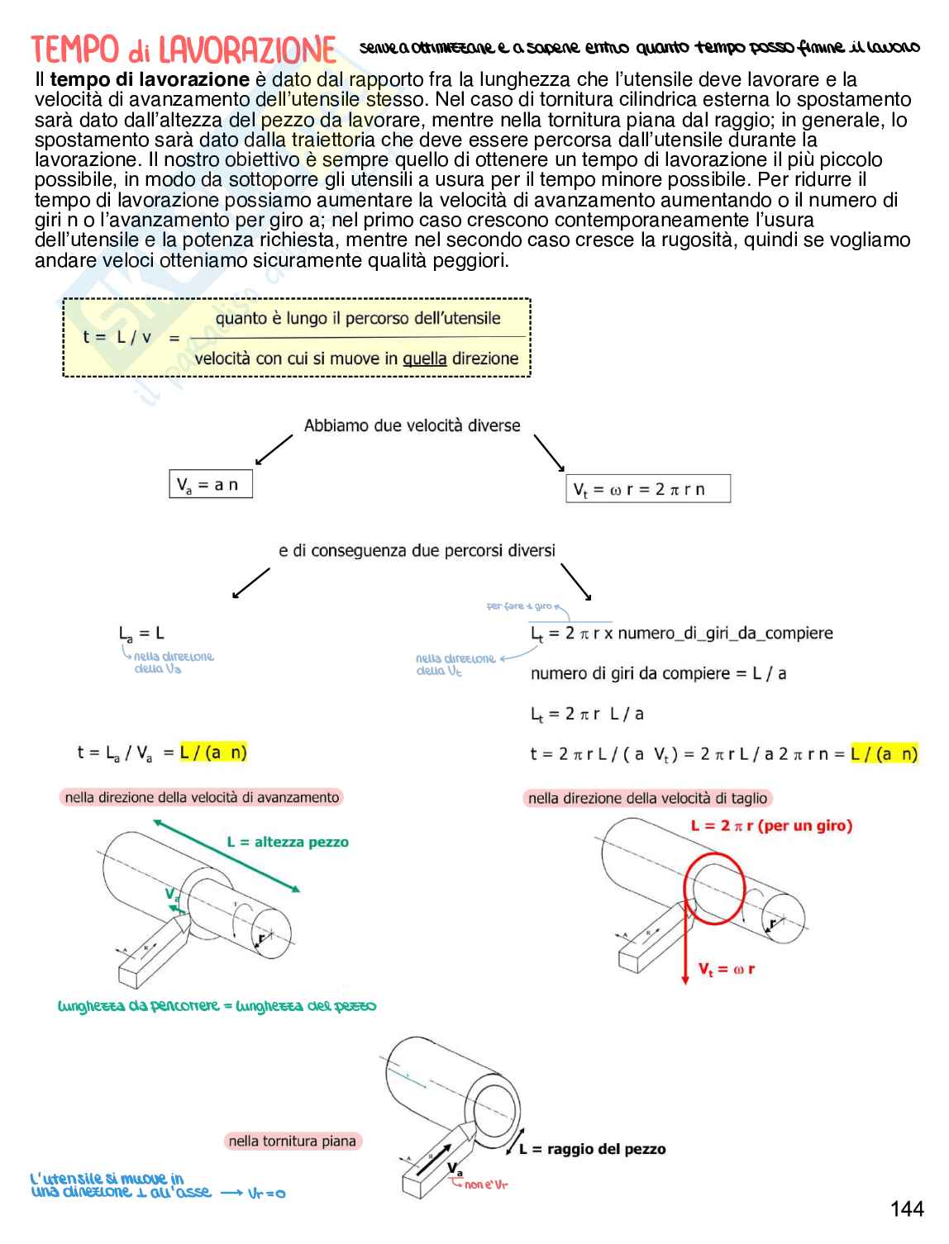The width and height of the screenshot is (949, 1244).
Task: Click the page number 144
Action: tap(907, 1209)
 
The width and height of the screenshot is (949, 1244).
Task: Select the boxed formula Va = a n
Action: tap(210, 485)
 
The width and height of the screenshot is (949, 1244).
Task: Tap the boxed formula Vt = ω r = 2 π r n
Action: tap(647, 489)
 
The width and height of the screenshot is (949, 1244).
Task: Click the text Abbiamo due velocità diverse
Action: tap(412, 426)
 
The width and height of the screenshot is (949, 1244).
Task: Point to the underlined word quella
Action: tap(425, 359)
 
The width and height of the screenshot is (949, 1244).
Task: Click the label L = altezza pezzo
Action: tap(288, 843)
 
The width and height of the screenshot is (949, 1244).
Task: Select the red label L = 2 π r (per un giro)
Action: tap(771, 825)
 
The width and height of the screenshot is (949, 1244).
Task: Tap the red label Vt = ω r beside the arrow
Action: tap(726, 969)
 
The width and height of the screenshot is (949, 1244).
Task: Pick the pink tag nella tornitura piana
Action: tap(292, 1142)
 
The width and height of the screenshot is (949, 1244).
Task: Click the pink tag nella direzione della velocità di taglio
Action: tap(648, 798)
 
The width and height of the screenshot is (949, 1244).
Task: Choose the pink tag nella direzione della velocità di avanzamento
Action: tap(202, 797)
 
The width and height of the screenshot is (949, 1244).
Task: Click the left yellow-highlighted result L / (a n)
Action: tap(213, 753)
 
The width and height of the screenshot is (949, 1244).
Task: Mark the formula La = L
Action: tap(141, 634)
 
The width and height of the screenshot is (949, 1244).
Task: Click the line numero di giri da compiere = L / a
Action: tap(658, 673)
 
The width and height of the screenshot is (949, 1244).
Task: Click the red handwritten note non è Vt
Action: tap(486, 1185)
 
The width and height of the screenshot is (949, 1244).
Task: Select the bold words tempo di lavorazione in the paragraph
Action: tap(150, 80)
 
